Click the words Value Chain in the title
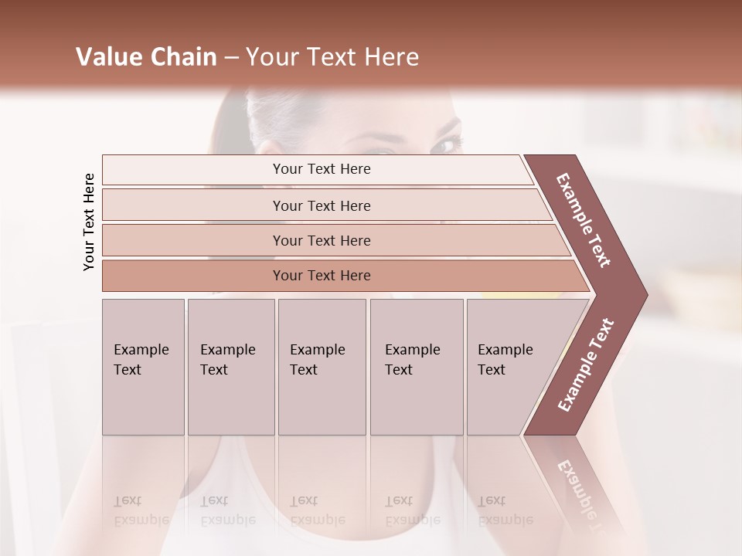146,57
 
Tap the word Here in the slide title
391,57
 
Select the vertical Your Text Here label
89,222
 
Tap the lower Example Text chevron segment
586,365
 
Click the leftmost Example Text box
143,366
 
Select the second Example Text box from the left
230,366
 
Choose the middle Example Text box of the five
322,366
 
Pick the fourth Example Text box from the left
416,366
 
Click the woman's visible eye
446,144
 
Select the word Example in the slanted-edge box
505,350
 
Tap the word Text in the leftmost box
128,370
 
